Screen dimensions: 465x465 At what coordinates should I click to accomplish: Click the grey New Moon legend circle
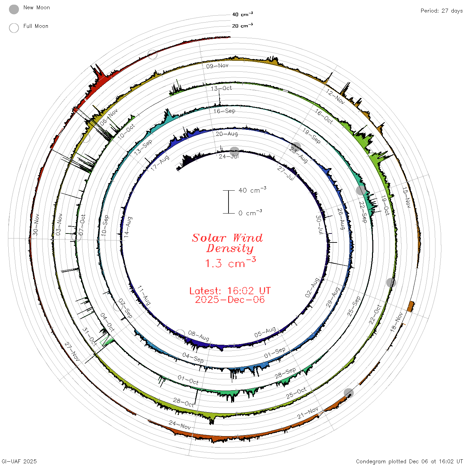tap(14, 9)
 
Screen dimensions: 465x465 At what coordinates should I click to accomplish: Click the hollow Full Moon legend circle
tap(14, 28)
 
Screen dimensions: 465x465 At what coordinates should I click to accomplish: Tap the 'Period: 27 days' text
tap(441, 11)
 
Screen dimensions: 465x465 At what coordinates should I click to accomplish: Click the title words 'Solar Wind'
tap(227, 238)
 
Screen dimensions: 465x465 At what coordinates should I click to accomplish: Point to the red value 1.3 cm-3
tap(231, 263)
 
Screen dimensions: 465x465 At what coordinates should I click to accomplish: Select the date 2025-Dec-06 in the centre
tap(230, 300)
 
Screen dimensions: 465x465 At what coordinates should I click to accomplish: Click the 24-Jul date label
tap(229, 156)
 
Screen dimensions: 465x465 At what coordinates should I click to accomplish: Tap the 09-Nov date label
tap(217, 66)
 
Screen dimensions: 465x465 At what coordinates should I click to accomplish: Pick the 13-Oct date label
tap(221, 88)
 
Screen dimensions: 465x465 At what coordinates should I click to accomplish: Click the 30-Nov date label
tap(36, 225)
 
